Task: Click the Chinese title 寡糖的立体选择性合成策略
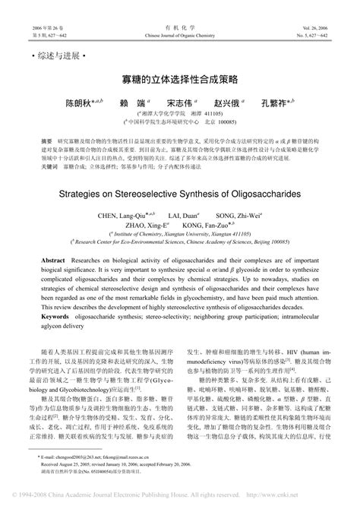pos(180,79)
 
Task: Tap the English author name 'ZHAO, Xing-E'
pos(147,225)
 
